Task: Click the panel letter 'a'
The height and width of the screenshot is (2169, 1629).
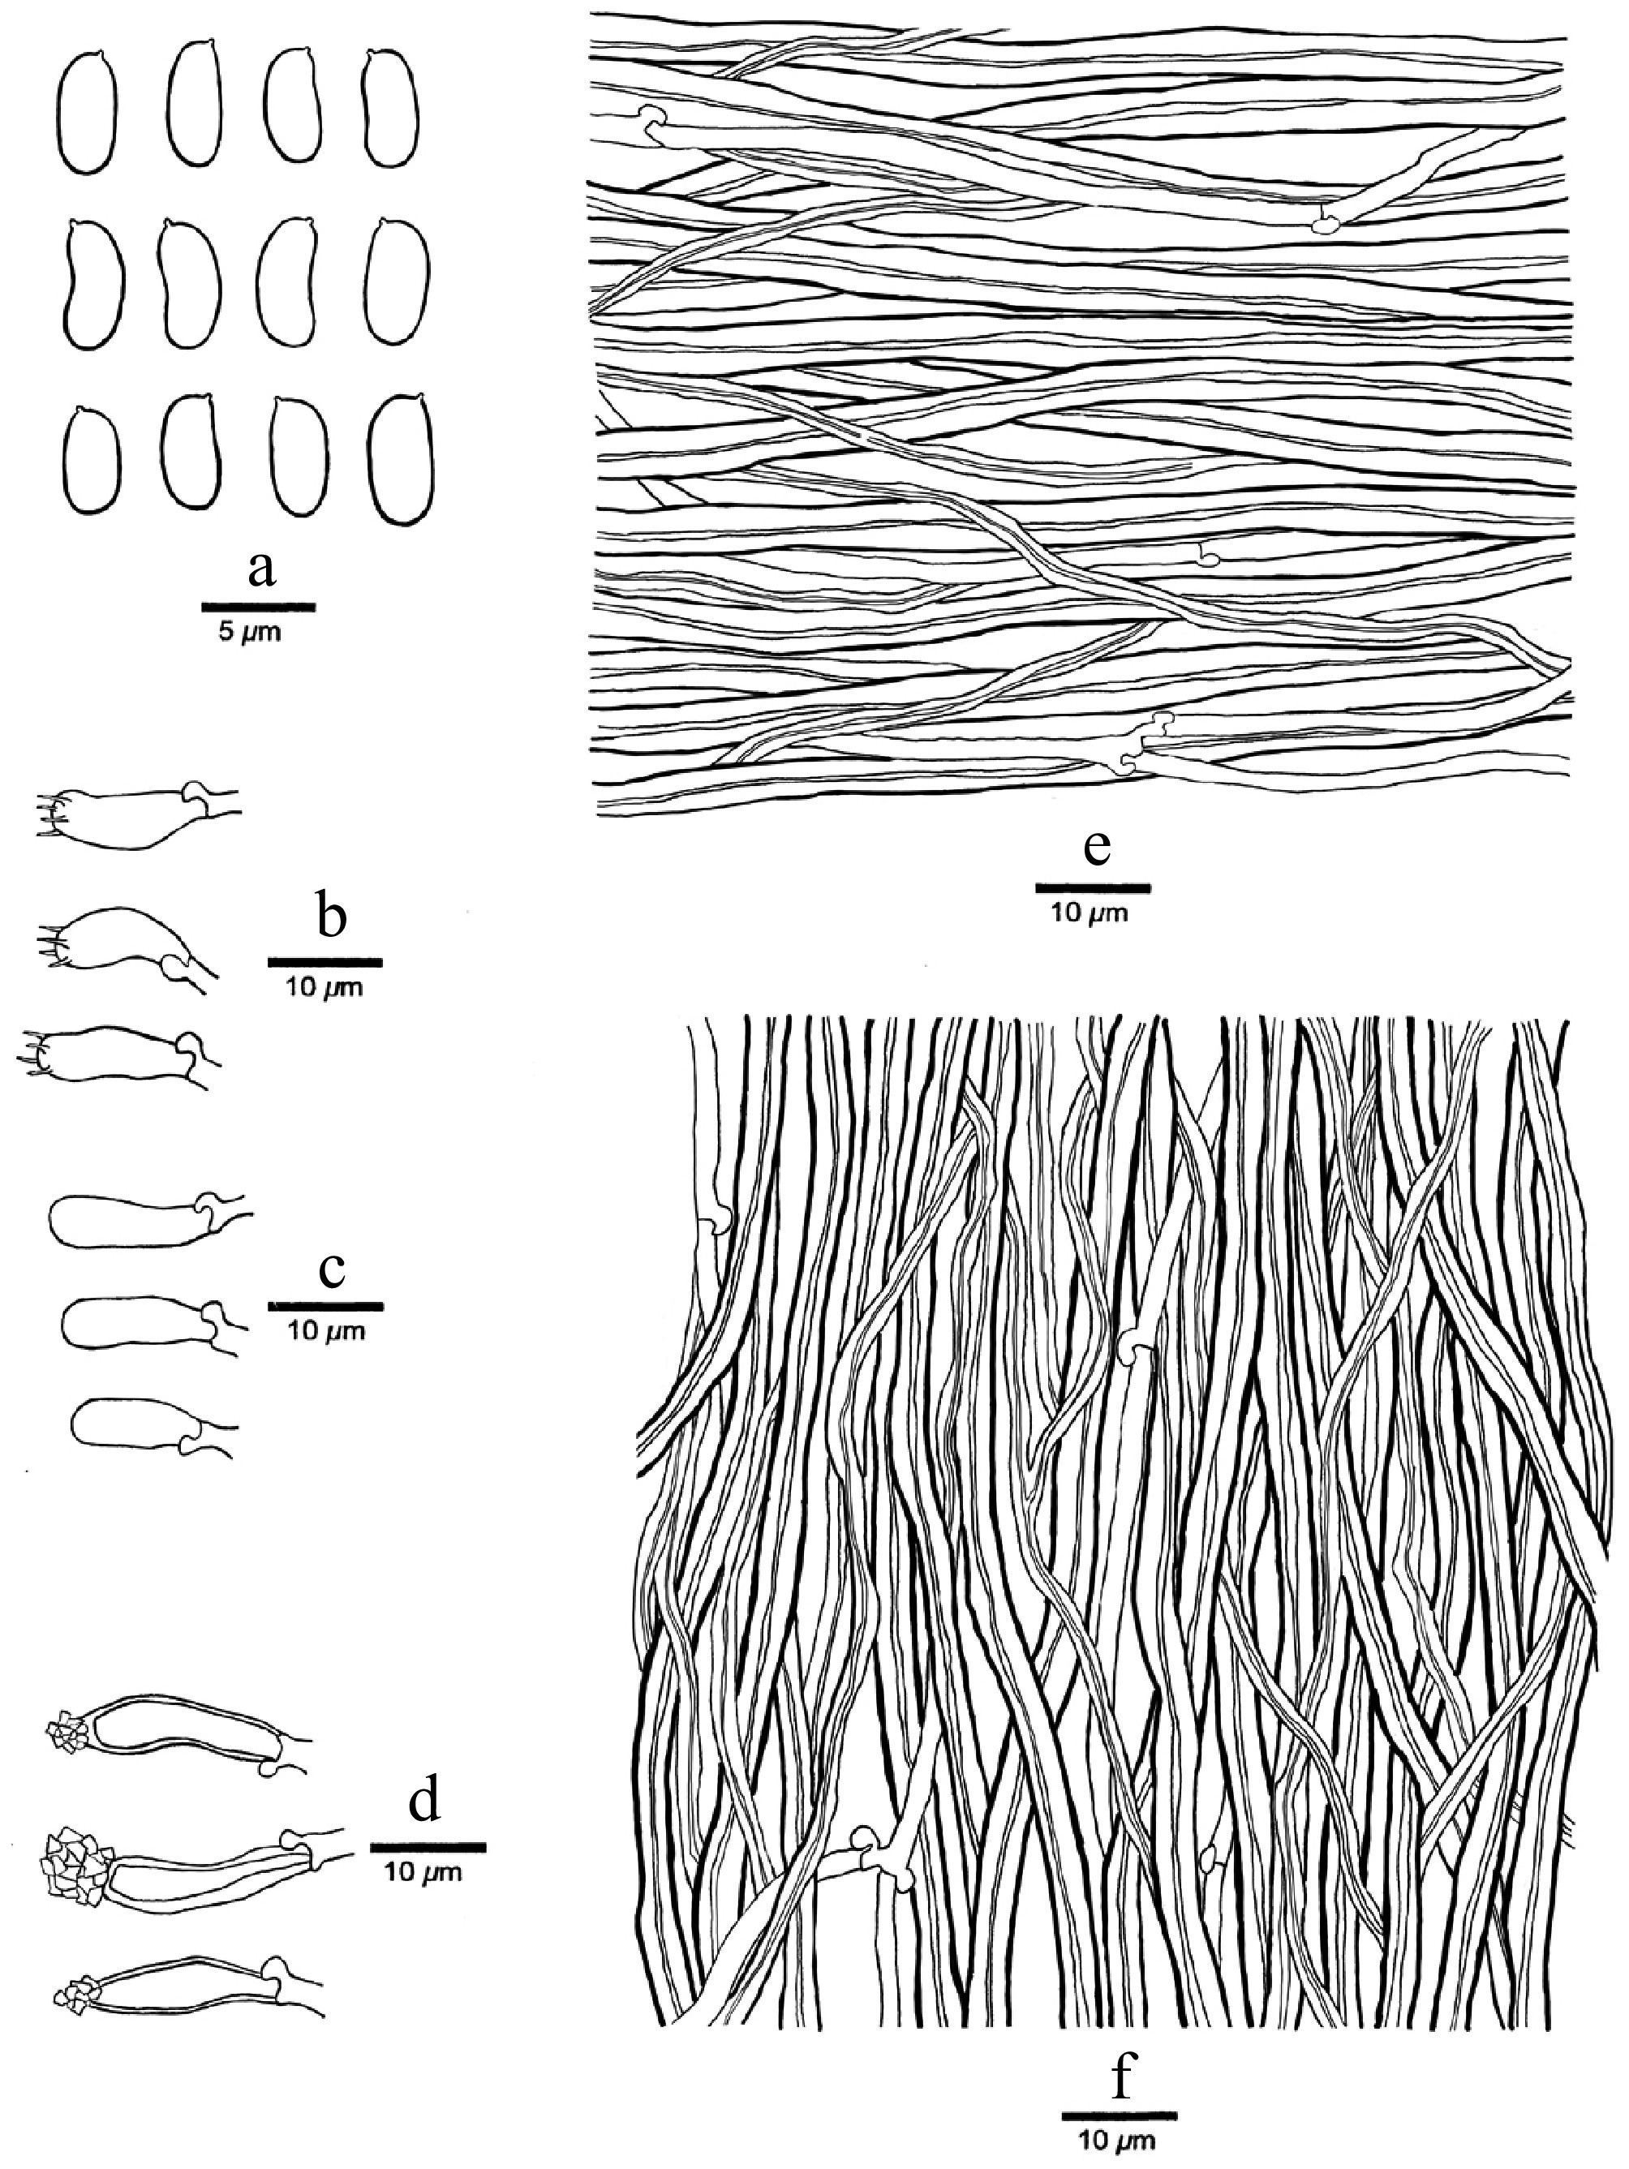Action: click(261, 569)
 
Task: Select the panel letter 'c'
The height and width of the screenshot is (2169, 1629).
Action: click(332, 1269)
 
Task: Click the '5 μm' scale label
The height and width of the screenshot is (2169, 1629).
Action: click(248, 633)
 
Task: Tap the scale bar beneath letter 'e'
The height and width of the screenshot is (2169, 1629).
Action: click(1093, 887)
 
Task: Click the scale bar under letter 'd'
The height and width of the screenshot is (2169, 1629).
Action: click(428, 1846)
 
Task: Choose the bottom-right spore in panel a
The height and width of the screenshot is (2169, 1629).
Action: click(402, 459)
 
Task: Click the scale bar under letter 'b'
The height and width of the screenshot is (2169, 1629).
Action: click(325, 962)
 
